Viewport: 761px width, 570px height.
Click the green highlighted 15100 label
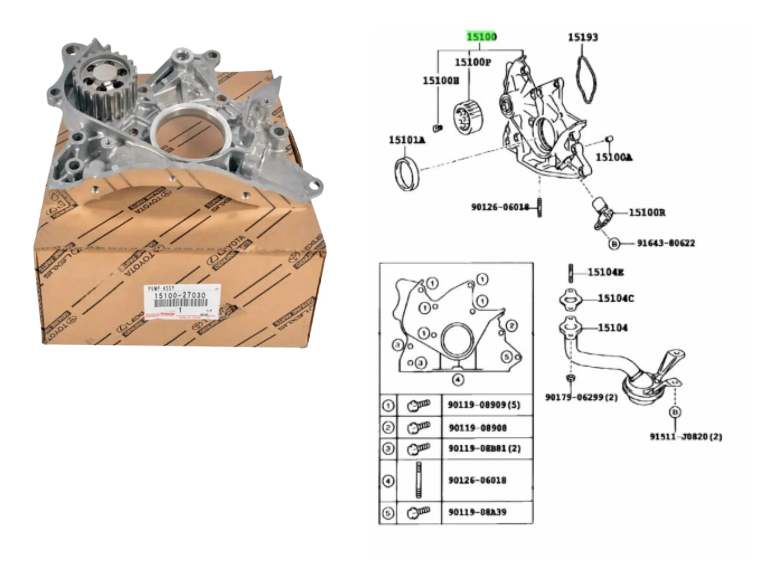coord(481,37)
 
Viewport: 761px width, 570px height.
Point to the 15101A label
coord(407,140)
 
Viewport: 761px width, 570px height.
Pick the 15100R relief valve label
coord(647,213)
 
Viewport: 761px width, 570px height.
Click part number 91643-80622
coord(666,243)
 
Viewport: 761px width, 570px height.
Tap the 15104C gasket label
coord(615,298)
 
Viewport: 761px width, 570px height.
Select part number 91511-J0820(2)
coord(686,437)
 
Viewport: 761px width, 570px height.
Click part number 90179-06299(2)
coord(581,397)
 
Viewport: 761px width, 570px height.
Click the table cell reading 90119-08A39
coord(477,512)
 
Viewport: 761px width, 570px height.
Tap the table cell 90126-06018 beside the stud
coord(477,480)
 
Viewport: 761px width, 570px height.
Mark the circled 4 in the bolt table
coord(388,481)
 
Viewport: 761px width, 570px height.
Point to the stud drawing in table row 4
coord(419,480)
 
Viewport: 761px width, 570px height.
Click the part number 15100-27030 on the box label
coord(180,295)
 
